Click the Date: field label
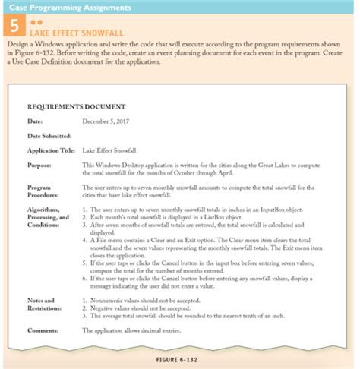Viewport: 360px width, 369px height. click(34, 121)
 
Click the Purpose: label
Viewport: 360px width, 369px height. click(39, 164)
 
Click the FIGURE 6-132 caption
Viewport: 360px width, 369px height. click(182, 356)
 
